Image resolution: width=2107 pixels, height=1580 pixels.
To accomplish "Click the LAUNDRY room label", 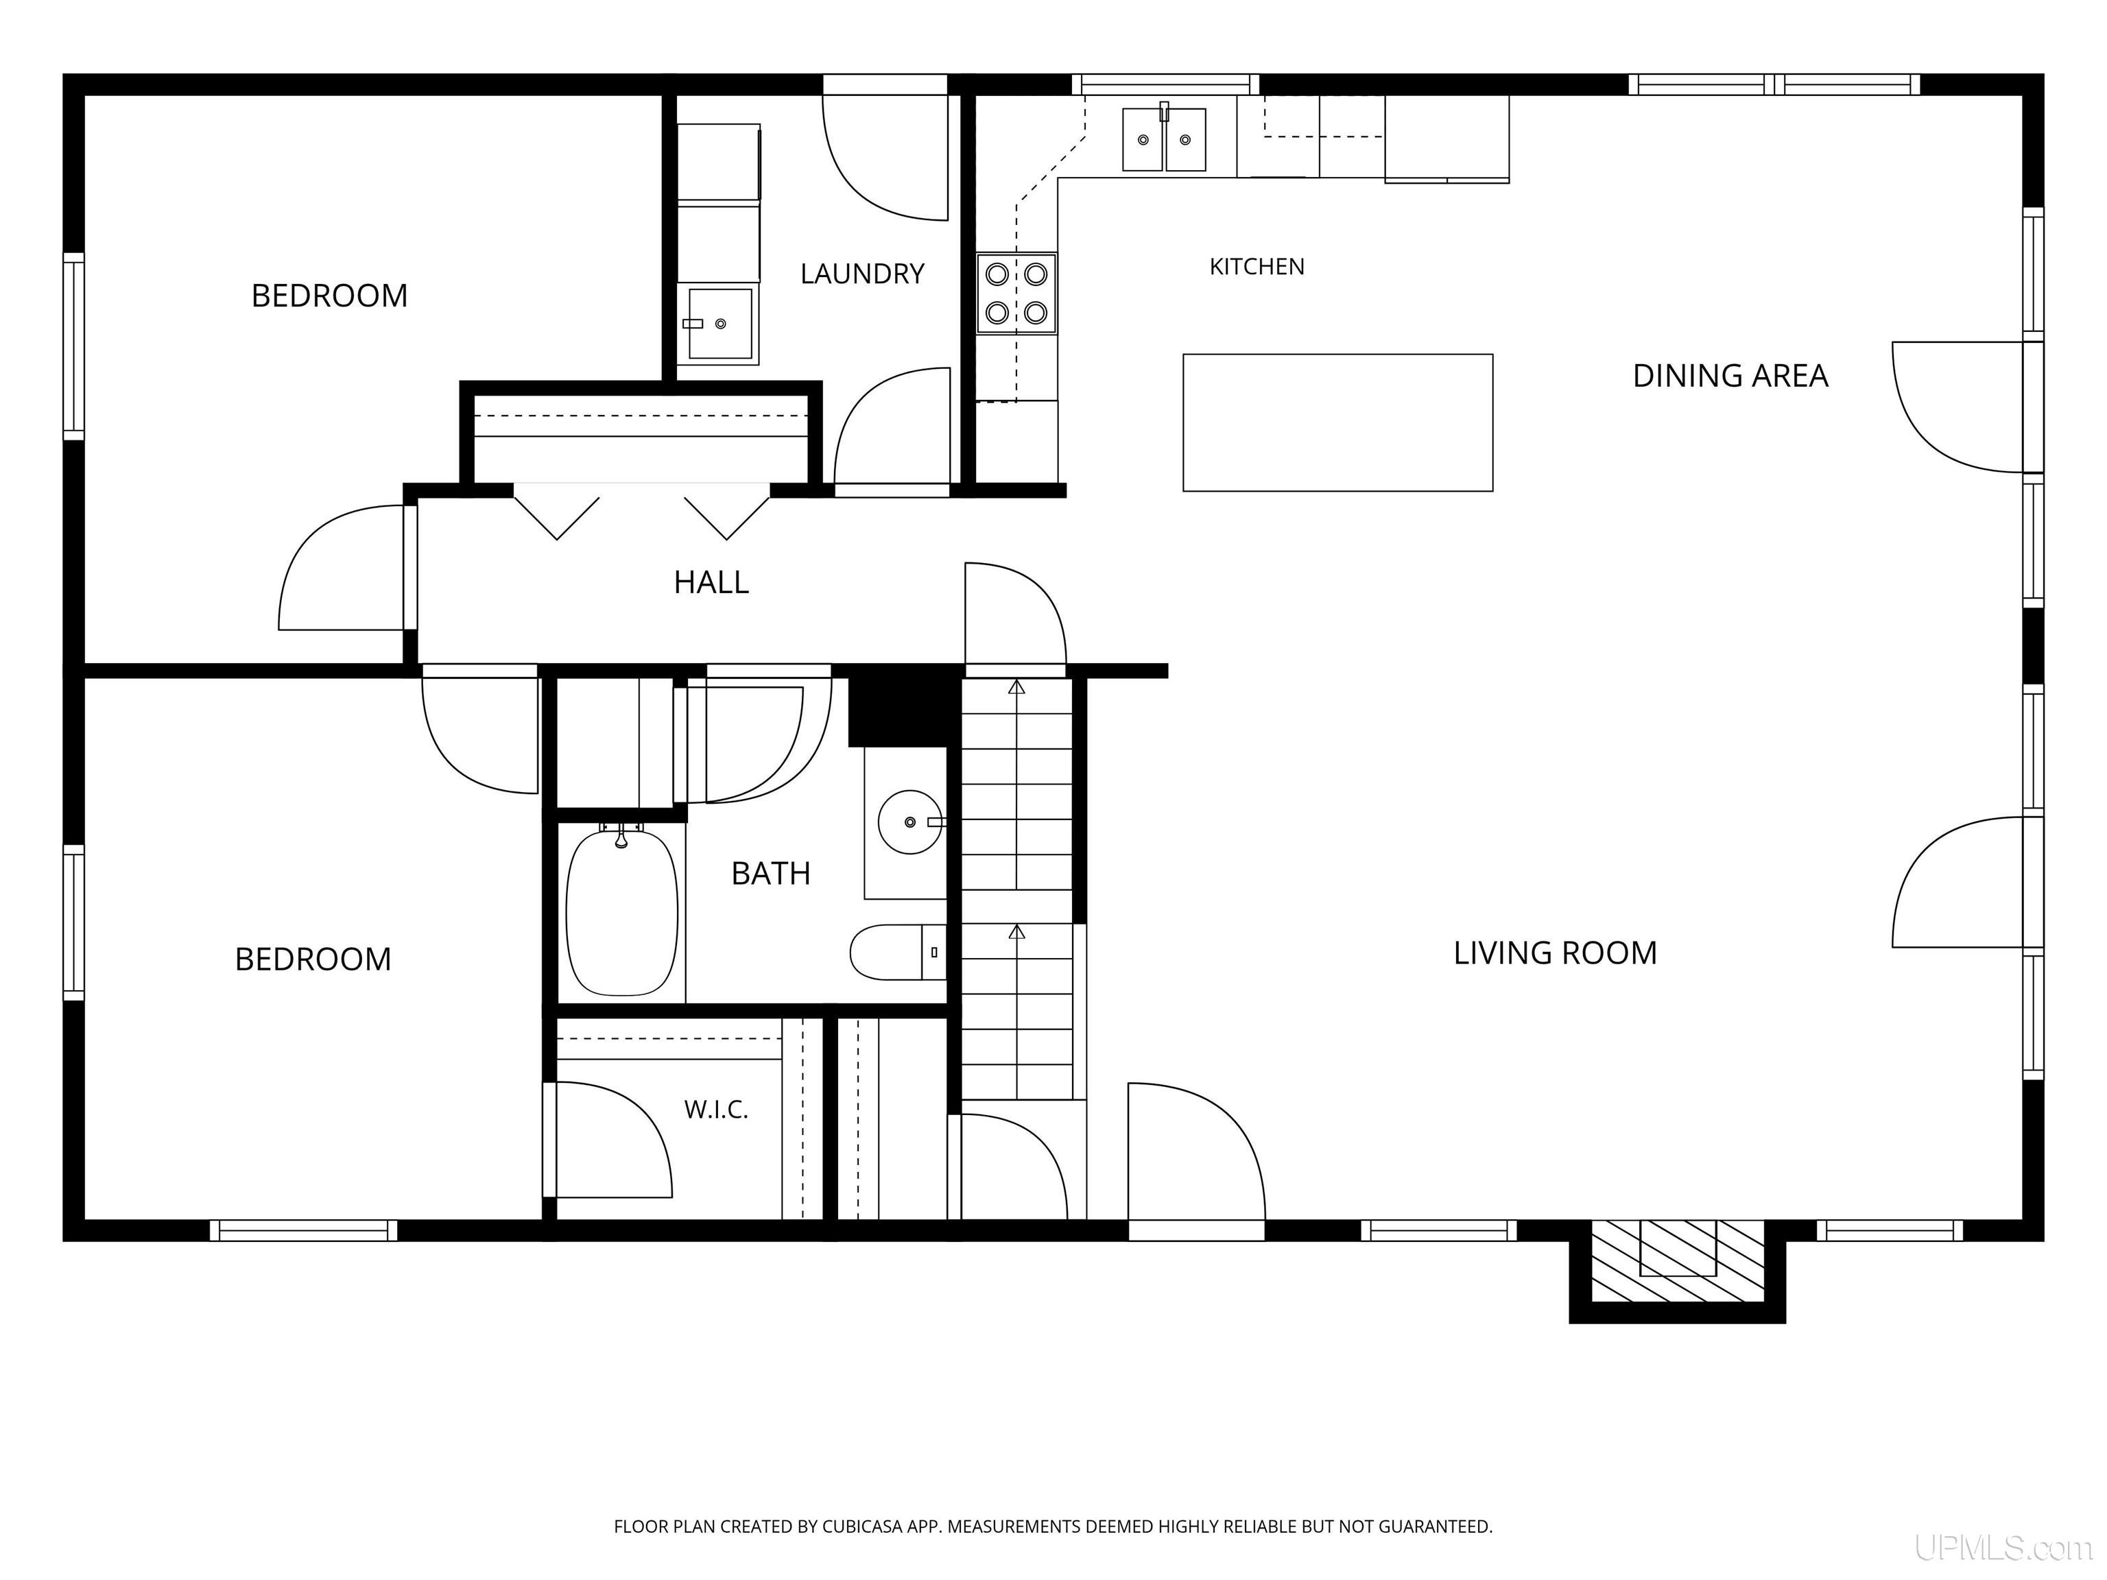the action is pyautogui.click(x=862, y=274).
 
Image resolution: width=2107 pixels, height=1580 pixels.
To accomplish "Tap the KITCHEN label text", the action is pyautogui.click(x=1257, y=267).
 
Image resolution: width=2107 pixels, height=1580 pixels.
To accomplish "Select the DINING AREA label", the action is pyautogui.click(x=1730, y=376).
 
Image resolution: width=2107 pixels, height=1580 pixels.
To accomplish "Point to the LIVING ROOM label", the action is pyautogui.click(x=1555, y=953).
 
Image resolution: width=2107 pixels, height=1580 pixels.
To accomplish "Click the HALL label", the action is pyautogui.click(x=711, y=582).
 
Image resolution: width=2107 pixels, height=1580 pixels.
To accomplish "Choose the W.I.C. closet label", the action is pyautogui.click(x=716, y=1110).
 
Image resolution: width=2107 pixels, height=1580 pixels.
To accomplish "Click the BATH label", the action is pyautogui.click(x=771, y=874).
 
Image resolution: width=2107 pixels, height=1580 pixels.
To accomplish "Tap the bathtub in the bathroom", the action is pyautogui.click(x=622, y=911).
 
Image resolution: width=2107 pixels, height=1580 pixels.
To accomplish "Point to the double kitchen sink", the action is pyautogui.click(x=1164, y=139).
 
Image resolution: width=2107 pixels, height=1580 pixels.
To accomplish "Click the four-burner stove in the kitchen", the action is pyautogui.click(x=1016, y=294).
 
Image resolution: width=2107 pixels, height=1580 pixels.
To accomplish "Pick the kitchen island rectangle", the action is pyautogui.click(x=1337, y=423).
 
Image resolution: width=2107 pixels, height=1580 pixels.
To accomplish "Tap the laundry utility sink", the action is pyautogui.click(x=719, y=324).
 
